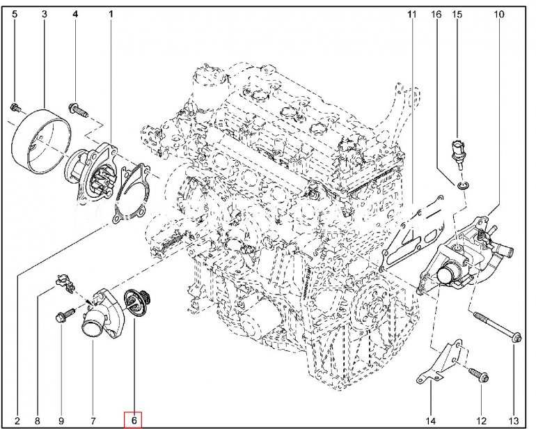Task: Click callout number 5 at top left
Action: pyautogui.click(x=15, y=13)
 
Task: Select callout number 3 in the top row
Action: pyautogui.click(x=44, y=13)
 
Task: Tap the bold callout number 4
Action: pyautogui.click(x=76, y=13)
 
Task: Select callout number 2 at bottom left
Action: pyautogui.click(x=17, y=420)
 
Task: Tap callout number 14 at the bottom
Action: pyautogui.click(x=431, y=420)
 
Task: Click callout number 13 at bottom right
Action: pyautogui.click(x=514, y=420)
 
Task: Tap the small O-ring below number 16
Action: pyautogui.click(x=463, y=185)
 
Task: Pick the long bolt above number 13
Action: pyautogui.click(x=494, y=327)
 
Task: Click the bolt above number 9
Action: pyautogui.click(x=61, y=318)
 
